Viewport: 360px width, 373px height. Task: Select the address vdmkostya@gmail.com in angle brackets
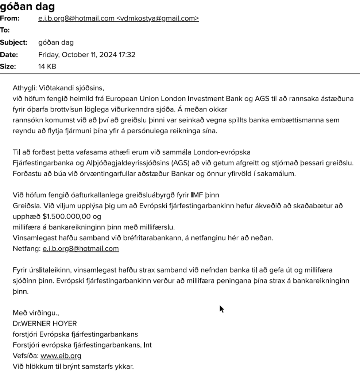coord(158,19)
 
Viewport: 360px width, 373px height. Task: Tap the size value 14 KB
coord(47,67)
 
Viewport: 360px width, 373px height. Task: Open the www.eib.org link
coord(61,355)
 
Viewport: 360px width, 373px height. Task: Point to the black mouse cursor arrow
coord(221,309)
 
